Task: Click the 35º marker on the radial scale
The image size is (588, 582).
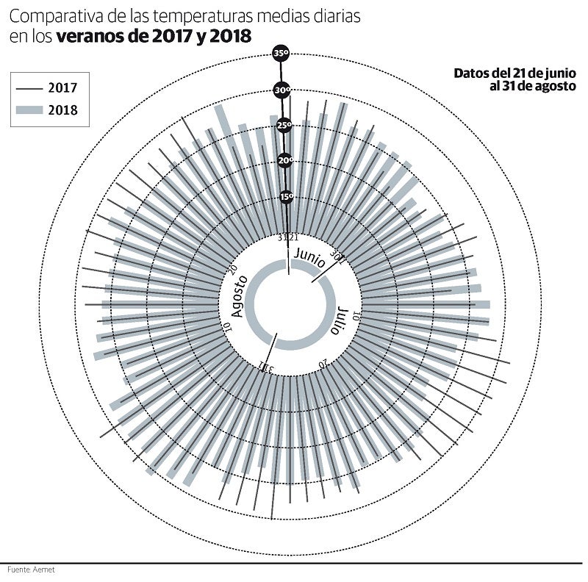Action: coord(281,54)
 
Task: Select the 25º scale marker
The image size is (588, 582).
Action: coord(284,126)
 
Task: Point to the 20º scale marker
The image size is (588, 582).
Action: coord(285,161)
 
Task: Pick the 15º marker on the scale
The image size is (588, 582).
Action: coord(287,196)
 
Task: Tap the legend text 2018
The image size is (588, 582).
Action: coord(63,111)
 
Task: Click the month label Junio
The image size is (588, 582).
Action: coord(309,257)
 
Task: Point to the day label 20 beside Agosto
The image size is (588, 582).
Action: coord(232,270)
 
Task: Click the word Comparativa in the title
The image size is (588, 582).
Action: coord(51,16)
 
